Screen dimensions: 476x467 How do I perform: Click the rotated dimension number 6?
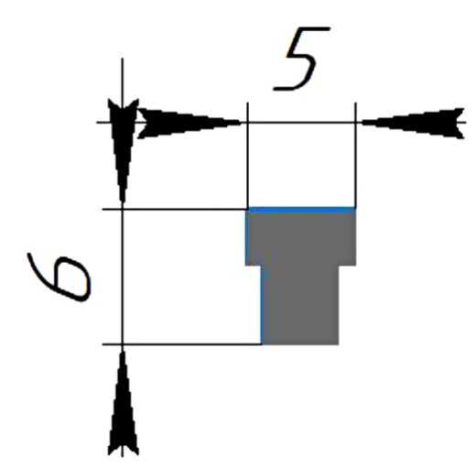(59, 277)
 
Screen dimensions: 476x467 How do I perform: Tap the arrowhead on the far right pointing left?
(413, 123)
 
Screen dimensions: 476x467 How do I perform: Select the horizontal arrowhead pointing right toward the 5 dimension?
(189, 123)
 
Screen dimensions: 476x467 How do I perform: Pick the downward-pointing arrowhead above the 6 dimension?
(123, 150)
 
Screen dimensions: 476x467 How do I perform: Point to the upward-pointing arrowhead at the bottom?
(123, 403)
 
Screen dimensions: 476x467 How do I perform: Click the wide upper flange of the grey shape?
(301, 237)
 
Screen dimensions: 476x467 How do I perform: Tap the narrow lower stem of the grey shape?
(300, 305)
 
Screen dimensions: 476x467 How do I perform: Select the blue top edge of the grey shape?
(301, 210)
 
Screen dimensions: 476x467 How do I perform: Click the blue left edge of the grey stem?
(262, 305)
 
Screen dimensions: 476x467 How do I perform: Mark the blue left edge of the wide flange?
(246, 237)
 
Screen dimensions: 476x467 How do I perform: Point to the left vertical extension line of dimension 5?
(247, 155)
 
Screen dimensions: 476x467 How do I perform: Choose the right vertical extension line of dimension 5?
(355, 155)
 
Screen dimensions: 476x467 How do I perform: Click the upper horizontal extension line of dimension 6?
(174, 210)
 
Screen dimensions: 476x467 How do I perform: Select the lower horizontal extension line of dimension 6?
(181, 344)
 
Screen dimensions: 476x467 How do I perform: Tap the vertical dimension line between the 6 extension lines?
(123, 277)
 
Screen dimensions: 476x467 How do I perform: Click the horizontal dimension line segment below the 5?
(301, 123)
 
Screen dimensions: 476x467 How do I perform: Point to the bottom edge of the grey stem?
(300, 344)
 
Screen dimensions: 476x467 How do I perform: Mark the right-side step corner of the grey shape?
(339, 266)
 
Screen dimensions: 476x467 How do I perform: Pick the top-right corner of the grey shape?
(356, 208)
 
